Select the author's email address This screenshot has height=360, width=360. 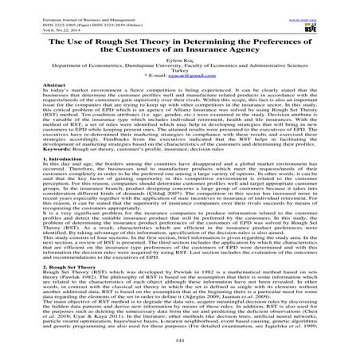[191, 85]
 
